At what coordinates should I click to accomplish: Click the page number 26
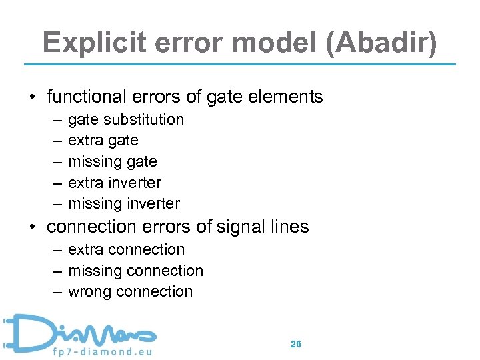tap(296, 344)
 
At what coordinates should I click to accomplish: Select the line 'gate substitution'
tap(126, 119)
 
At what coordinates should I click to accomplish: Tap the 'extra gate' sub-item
tap(103, 140)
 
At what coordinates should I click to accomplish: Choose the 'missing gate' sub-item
tap(113, 161)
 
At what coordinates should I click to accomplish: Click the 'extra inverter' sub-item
tap(115, 182)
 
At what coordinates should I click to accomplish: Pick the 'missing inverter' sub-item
tap(124, 203)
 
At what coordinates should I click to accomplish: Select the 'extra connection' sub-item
tap(127, 249)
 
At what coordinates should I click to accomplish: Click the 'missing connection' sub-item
tap(136, 271)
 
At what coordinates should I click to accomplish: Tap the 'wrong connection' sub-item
tap(131, 291)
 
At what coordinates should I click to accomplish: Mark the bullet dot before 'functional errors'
tap(32, 97)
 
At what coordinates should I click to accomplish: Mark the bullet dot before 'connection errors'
tap(32, 227)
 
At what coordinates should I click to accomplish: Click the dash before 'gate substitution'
tap(54, 120)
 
